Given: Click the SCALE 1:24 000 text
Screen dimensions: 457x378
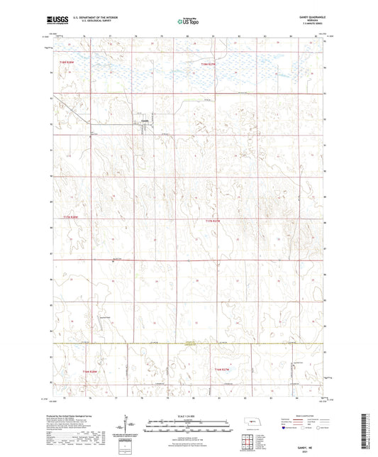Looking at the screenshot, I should point(188,415).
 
